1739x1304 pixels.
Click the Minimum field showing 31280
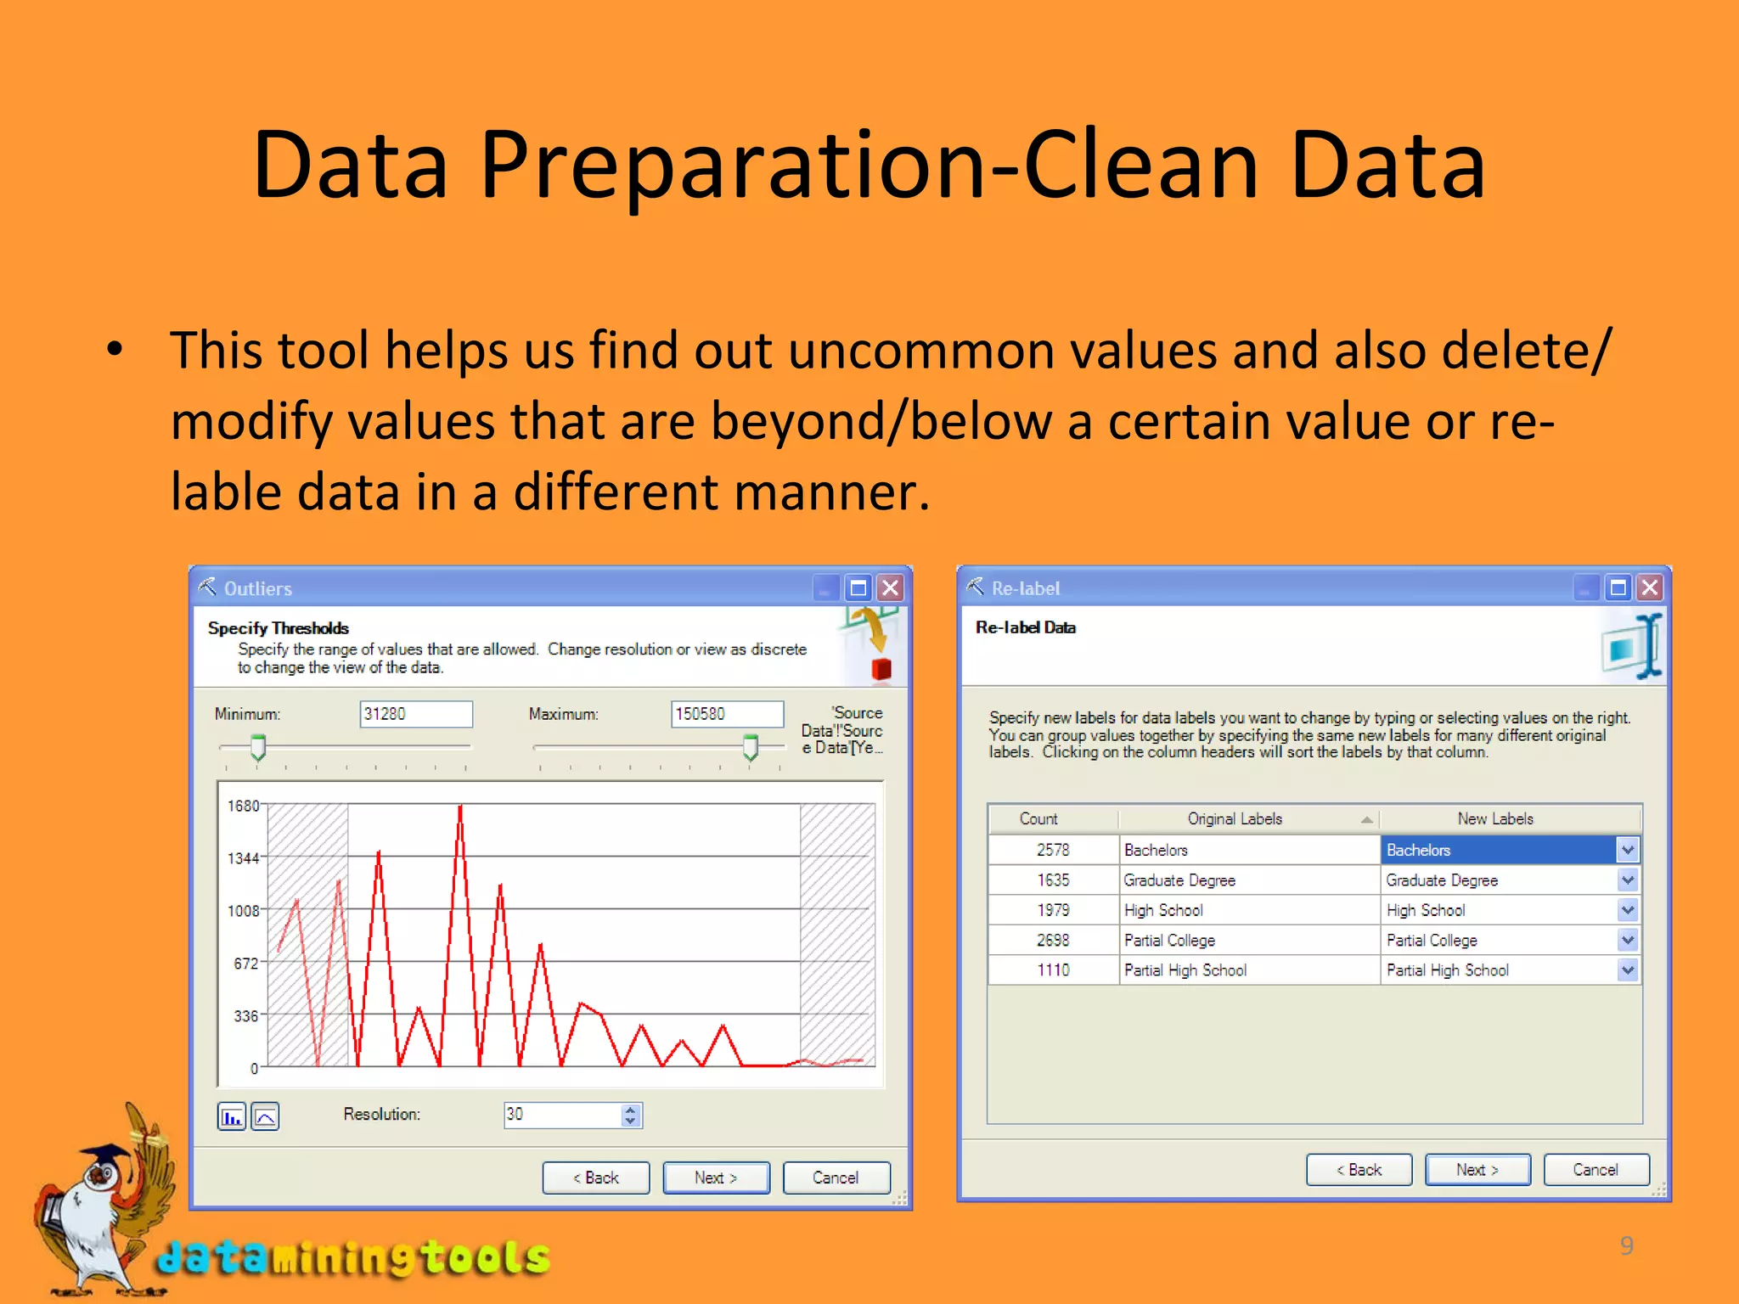point(415,714)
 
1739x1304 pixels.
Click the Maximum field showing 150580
point(727,714)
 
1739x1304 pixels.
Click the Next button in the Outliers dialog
point(716,1178)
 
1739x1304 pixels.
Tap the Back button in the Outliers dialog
point(595,1178)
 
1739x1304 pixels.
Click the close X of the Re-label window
point(1650,587)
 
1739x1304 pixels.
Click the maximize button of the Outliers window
point(858,587)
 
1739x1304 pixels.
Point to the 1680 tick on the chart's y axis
point(244,805)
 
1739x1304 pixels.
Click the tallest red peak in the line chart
point(460,808)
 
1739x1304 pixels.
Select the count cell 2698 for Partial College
point(1053,940)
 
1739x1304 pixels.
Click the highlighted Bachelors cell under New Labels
point(1499,850)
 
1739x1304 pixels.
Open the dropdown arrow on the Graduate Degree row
point(1627,880)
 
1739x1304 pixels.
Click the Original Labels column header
point(1235,818)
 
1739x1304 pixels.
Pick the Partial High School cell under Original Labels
point(1185,970)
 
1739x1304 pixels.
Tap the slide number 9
point(1626,1245)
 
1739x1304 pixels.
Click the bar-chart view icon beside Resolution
point(232,1116)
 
